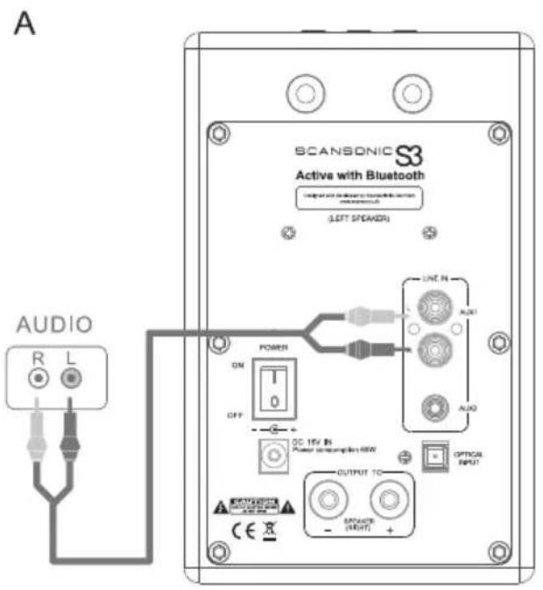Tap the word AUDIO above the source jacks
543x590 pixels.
[55, 326]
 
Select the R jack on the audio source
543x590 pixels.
[39, 379]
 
